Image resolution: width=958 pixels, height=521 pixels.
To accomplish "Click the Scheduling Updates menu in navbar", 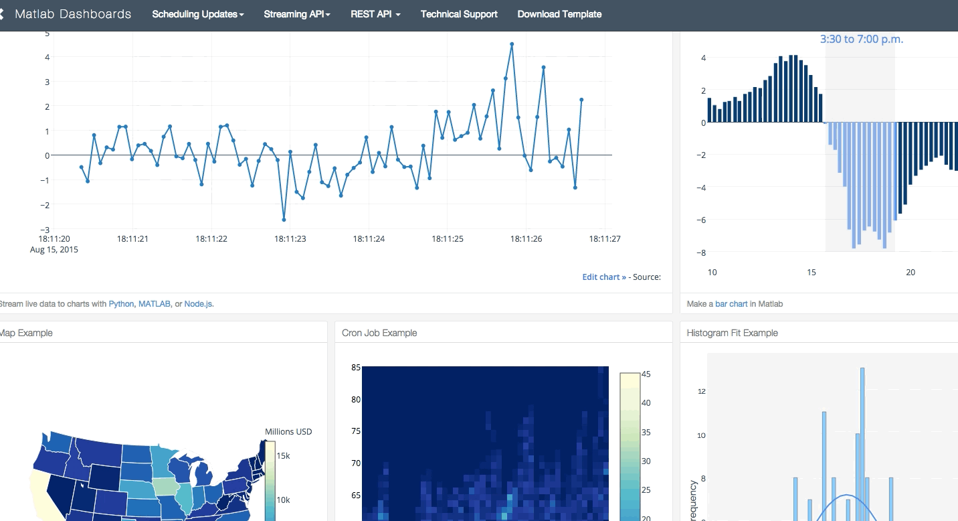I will [197, 14].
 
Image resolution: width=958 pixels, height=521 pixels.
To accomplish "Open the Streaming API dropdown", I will [296, 14].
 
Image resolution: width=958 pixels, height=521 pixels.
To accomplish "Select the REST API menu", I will [375, 14].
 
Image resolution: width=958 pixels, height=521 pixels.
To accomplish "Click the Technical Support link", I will [459, 14].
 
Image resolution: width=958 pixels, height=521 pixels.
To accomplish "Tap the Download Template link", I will [559, 14].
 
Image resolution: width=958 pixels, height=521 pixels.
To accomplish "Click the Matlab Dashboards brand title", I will [73, 14].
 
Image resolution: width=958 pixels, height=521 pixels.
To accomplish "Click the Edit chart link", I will [604, 277].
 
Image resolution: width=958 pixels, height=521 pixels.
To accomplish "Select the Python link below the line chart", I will [121, 304].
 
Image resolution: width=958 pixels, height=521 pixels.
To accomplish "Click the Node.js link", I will [199, 304].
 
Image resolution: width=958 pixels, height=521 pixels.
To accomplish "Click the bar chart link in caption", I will [731, 304].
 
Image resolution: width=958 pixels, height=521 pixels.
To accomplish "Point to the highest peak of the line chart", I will [512, 44].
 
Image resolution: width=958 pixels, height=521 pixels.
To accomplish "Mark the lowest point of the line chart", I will [284, 220].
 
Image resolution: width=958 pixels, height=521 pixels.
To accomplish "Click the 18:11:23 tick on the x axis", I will [290, 238].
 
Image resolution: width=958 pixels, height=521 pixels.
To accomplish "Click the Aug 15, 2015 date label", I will [54, 250].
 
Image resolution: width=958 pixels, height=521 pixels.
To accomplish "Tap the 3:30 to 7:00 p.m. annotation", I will [862, 40].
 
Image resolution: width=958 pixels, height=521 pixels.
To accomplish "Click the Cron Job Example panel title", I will [379, 333].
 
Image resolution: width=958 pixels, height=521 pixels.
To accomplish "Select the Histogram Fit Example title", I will [733, 333].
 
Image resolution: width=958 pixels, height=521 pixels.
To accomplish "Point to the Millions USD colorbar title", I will [288, 431].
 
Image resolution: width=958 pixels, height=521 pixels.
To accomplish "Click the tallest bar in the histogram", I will [862, 442].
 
